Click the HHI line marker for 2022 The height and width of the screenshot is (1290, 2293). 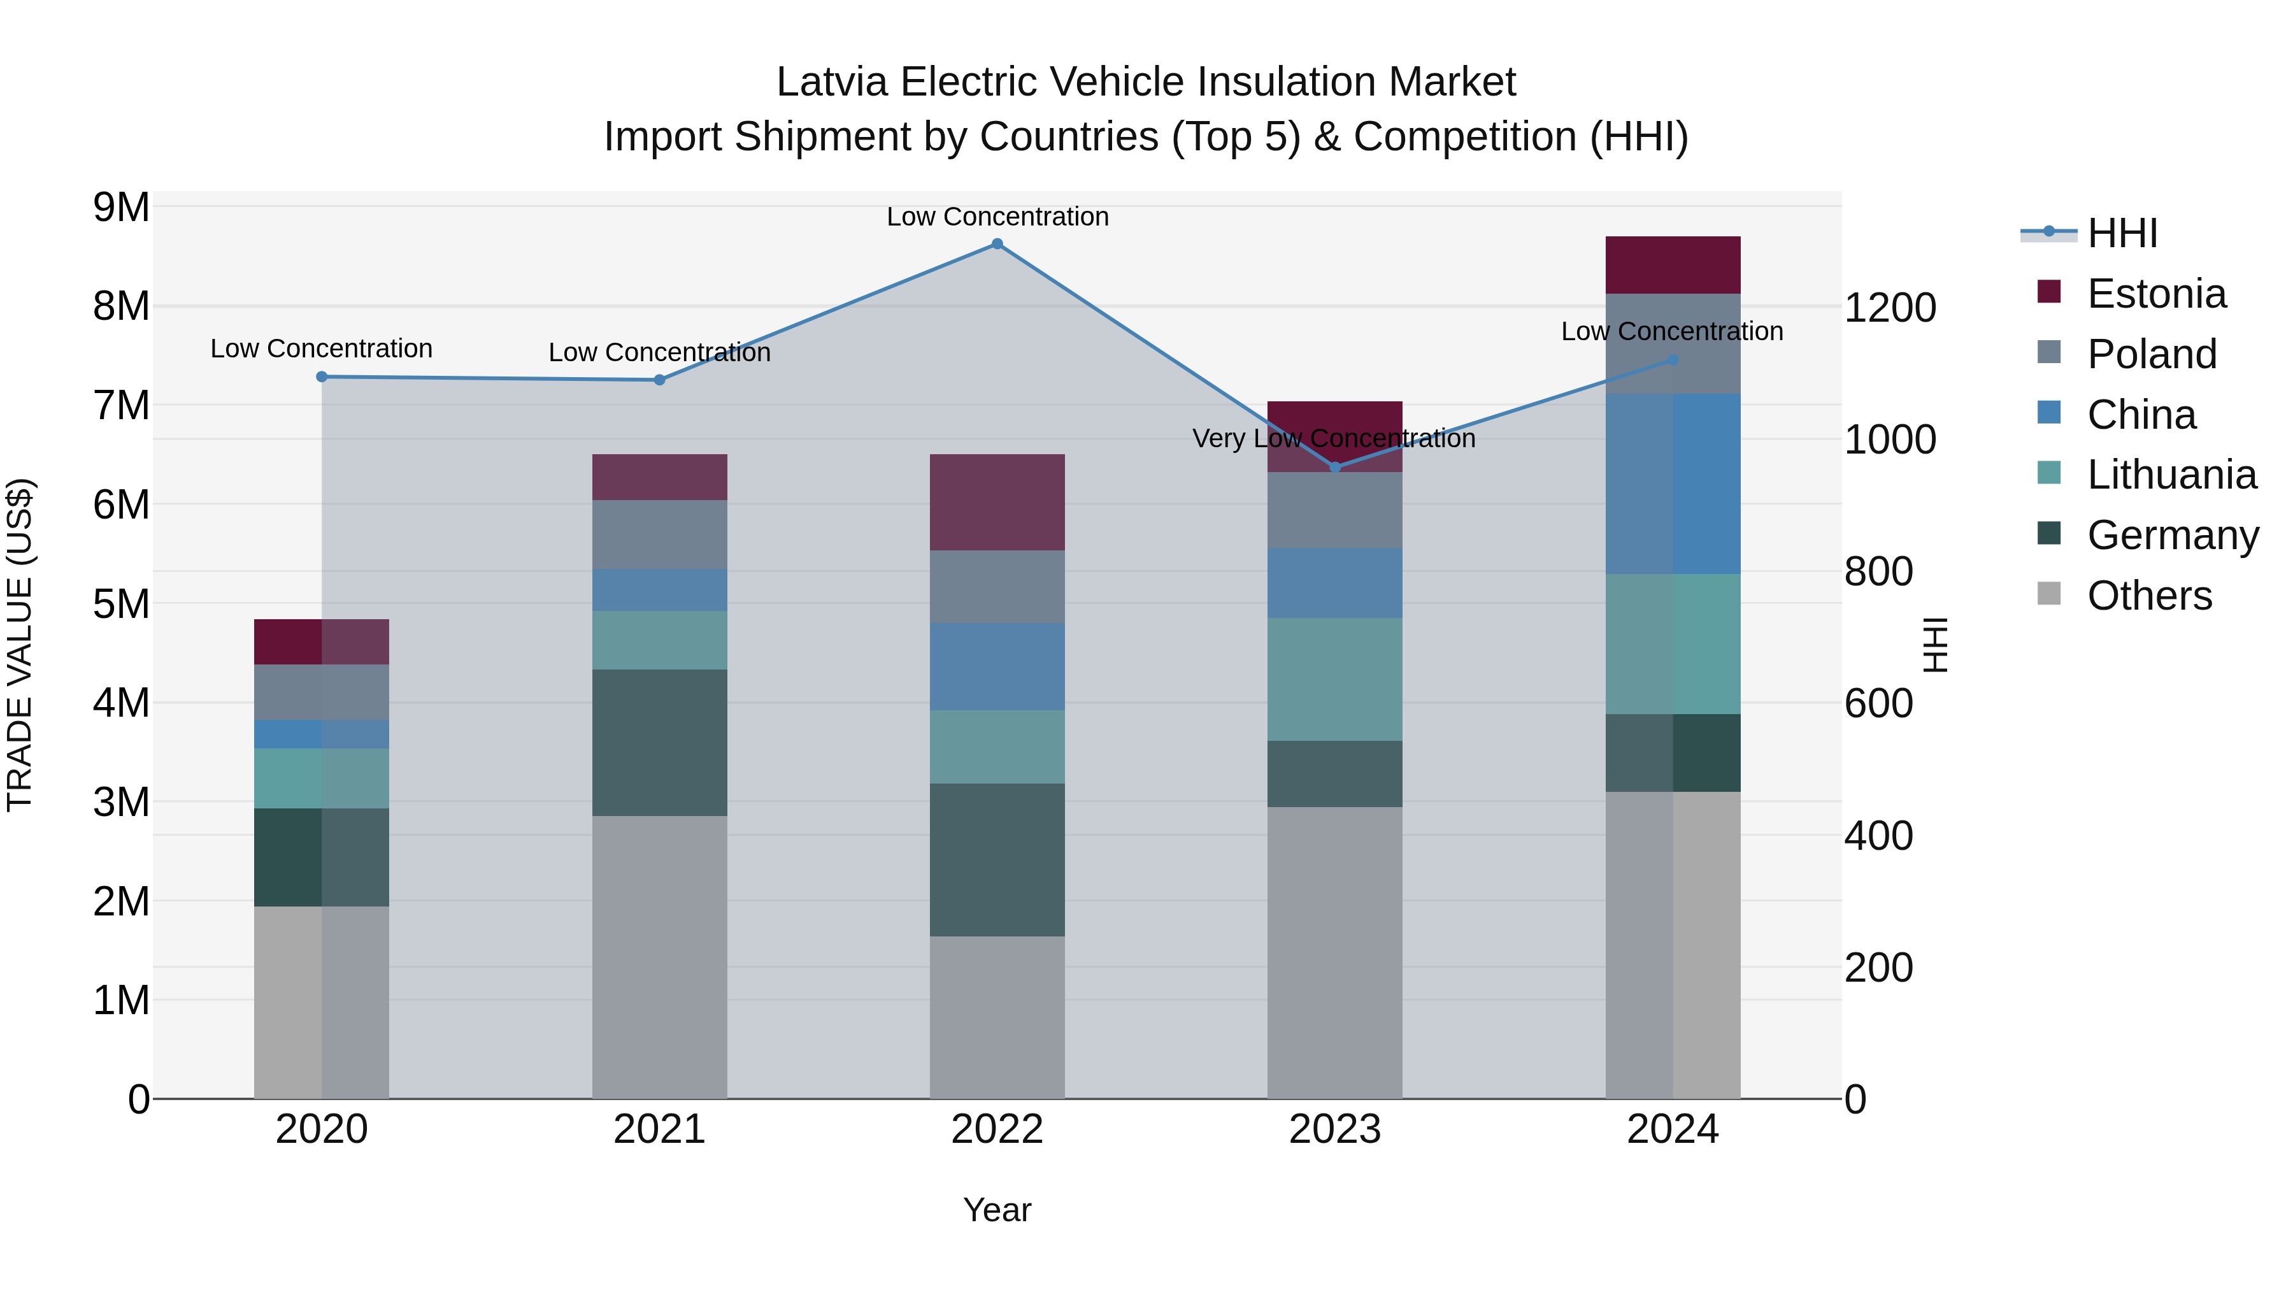[997, 244]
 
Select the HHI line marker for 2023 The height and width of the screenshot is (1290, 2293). [1334, 468]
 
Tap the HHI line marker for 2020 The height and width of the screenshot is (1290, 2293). [322, 376]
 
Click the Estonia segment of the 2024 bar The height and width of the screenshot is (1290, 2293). [1673, 265]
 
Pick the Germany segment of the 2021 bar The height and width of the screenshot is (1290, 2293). [660, 743]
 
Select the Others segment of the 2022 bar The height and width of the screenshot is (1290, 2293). [997, 1017]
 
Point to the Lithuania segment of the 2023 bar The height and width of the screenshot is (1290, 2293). [1334, 679]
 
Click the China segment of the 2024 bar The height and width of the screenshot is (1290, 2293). [1673, 484]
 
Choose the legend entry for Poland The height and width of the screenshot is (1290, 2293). [2152, 354]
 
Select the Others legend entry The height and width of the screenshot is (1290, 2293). [2149, 596]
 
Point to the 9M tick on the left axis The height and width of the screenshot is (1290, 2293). [121, 208]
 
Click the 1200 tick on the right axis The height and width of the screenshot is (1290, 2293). [1889, 308]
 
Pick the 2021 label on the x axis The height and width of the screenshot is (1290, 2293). [660, 1129]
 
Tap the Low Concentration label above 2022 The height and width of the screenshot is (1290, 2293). [997, 217]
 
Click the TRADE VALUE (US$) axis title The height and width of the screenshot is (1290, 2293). [20, 645]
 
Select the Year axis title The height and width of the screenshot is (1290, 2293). [997, 1210]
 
